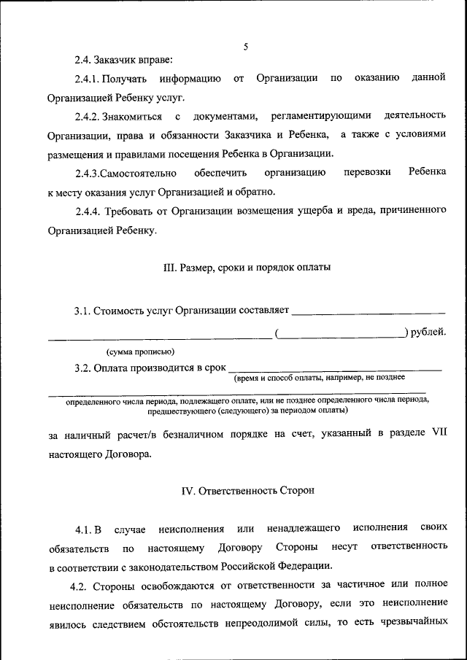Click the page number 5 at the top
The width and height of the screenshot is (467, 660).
tap(246, 47)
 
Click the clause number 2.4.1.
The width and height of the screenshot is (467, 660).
tap(87, 78)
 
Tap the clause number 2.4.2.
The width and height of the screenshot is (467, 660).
tap(88, 116)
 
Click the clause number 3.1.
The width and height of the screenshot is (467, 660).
tap(82, 311)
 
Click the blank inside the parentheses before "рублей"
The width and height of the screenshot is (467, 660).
tap(342, 335)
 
